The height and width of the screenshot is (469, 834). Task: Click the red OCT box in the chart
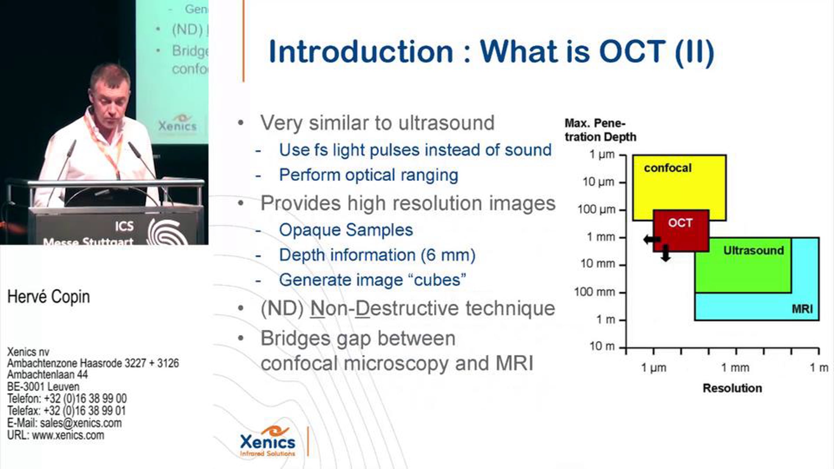point(681,230)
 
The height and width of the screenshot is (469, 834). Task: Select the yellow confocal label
point(668,168)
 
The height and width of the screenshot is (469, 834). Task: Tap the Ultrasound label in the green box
point(753,250)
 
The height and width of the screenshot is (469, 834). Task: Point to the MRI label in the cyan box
point(802,308)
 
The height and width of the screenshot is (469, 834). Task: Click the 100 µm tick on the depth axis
point(622,210)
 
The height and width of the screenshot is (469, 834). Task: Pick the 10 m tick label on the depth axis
point(602,346)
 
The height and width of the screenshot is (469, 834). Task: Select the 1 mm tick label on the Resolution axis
point(735,368)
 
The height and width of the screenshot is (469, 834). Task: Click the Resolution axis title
point(732,388)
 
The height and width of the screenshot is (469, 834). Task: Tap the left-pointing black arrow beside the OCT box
point(652,239)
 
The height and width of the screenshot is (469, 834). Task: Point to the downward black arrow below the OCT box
point(665,253)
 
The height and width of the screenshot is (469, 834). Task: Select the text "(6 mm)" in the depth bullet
point(448,255)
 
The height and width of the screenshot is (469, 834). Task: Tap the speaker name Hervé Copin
point(49,297)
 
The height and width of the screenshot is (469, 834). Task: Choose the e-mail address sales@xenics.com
point(81,423)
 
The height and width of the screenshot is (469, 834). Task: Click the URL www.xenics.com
point(68,435)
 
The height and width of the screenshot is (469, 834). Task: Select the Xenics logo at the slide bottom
point(268,441)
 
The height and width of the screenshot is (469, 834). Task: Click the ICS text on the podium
point(124,226)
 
